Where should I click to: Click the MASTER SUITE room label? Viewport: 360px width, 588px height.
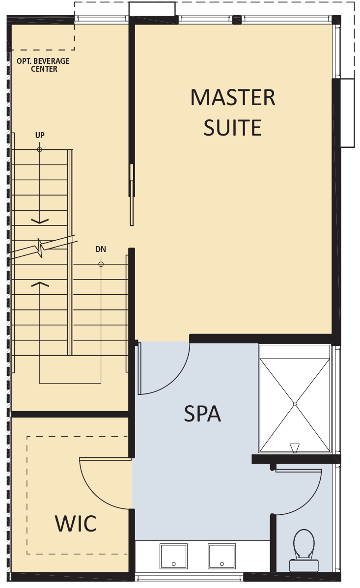coord(233,112)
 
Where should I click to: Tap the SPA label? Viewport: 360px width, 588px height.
coord(202,414)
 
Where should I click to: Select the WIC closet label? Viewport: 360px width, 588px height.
coord(76,524)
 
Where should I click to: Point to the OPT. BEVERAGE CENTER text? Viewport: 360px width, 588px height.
coord(43,65)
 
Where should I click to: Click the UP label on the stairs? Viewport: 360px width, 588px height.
coord(40,135)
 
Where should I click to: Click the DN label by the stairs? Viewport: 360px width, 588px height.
coord(101,250)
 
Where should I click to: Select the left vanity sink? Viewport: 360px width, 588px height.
coord(173,556)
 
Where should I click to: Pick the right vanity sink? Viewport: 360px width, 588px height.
coord(222,556)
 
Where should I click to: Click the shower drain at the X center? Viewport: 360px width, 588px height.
coord(295,404)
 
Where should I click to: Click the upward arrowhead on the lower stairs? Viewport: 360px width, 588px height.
coord(40,284)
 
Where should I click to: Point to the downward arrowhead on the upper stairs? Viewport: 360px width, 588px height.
coord(40,221)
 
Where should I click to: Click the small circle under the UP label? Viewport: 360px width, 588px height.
coord(40,149)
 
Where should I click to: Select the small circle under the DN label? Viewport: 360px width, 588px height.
coord(101,264)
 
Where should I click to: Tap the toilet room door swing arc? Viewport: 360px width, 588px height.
coord(310,500)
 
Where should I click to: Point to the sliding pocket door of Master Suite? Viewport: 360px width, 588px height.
coord(132,195)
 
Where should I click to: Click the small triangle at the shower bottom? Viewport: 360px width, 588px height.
coord(295,448)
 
